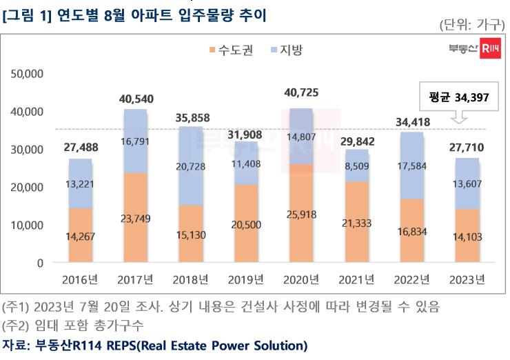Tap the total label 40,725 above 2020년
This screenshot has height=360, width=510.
[300, 92]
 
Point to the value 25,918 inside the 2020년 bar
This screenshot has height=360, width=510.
[300, 215]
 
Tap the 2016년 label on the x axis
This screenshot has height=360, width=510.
[80, 279]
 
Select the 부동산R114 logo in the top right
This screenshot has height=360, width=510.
[473, 48]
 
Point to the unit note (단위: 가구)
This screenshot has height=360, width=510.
[471, 25]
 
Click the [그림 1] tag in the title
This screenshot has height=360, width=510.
[25, 14]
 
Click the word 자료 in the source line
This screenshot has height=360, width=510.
[14, 344]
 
